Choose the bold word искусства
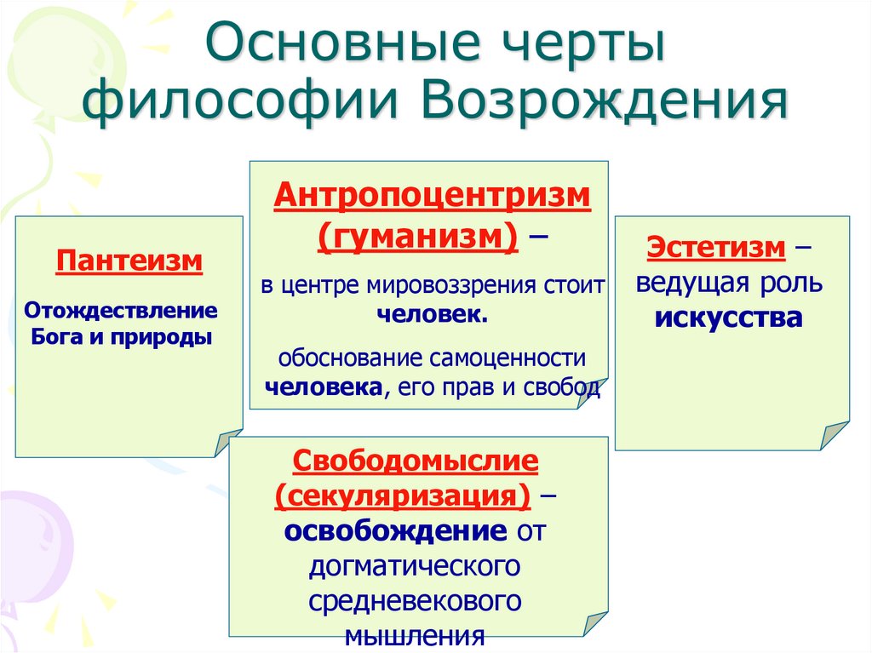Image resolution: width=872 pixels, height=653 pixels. pos(729,318)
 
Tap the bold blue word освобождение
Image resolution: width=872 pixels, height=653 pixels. pos(395,531)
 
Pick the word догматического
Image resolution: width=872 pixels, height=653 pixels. pos(416,565)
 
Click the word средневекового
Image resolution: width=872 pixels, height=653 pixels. pos(416,601)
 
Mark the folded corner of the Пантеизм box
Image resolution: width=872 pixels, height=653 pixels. pos(228,443)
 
